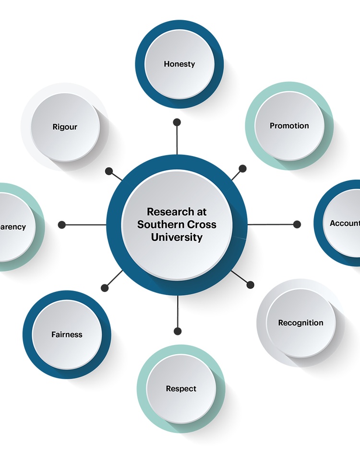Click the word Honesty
(x=179, y=64)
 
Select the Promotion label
(x=289, y=126)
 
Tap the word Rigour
(x=65, y=127)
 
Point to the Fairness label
(x=67, y=335)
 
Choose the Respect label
(x=181, y=388)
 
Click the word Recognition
(x=300, y=323)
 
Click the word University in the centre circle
(x=177, y=237)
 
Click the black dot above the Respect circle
(x=178, y=331)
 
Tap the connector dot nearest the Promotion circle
(x=242, y=168)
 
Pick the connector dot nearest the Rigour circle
(x=109, y=171)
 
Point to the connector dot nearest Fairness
(x=105, y=288)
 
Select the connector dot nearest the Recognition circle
(x=250, y=285)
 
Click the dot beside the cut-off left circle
(x=61, y=224)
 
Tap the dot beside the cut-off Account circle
(x=297, y=224)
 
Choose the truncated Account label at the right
(x=345, y=223)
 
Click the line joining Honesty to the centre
(x=177, y=139)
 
